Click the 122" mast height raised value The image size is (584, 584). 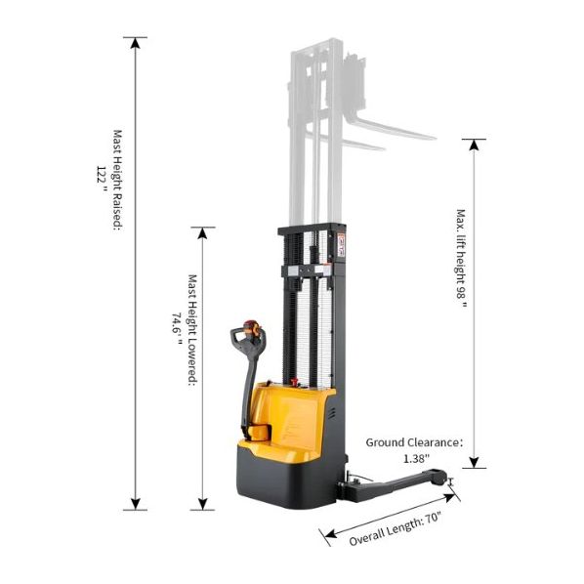102,179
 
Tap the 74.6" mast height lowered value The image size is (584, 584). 177,328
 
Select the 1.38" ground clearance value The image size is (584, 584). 416,458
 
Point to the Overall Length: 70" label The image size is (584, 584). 395,529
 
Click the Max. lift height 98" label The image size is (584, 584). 461,259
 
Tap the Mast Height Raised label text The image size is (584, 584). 117,181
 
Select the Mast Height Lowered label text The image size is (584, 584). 192,330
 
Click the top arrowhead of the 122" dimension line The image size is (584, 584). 136,43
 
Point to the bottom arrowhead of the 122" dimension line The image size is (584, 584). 136,504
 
